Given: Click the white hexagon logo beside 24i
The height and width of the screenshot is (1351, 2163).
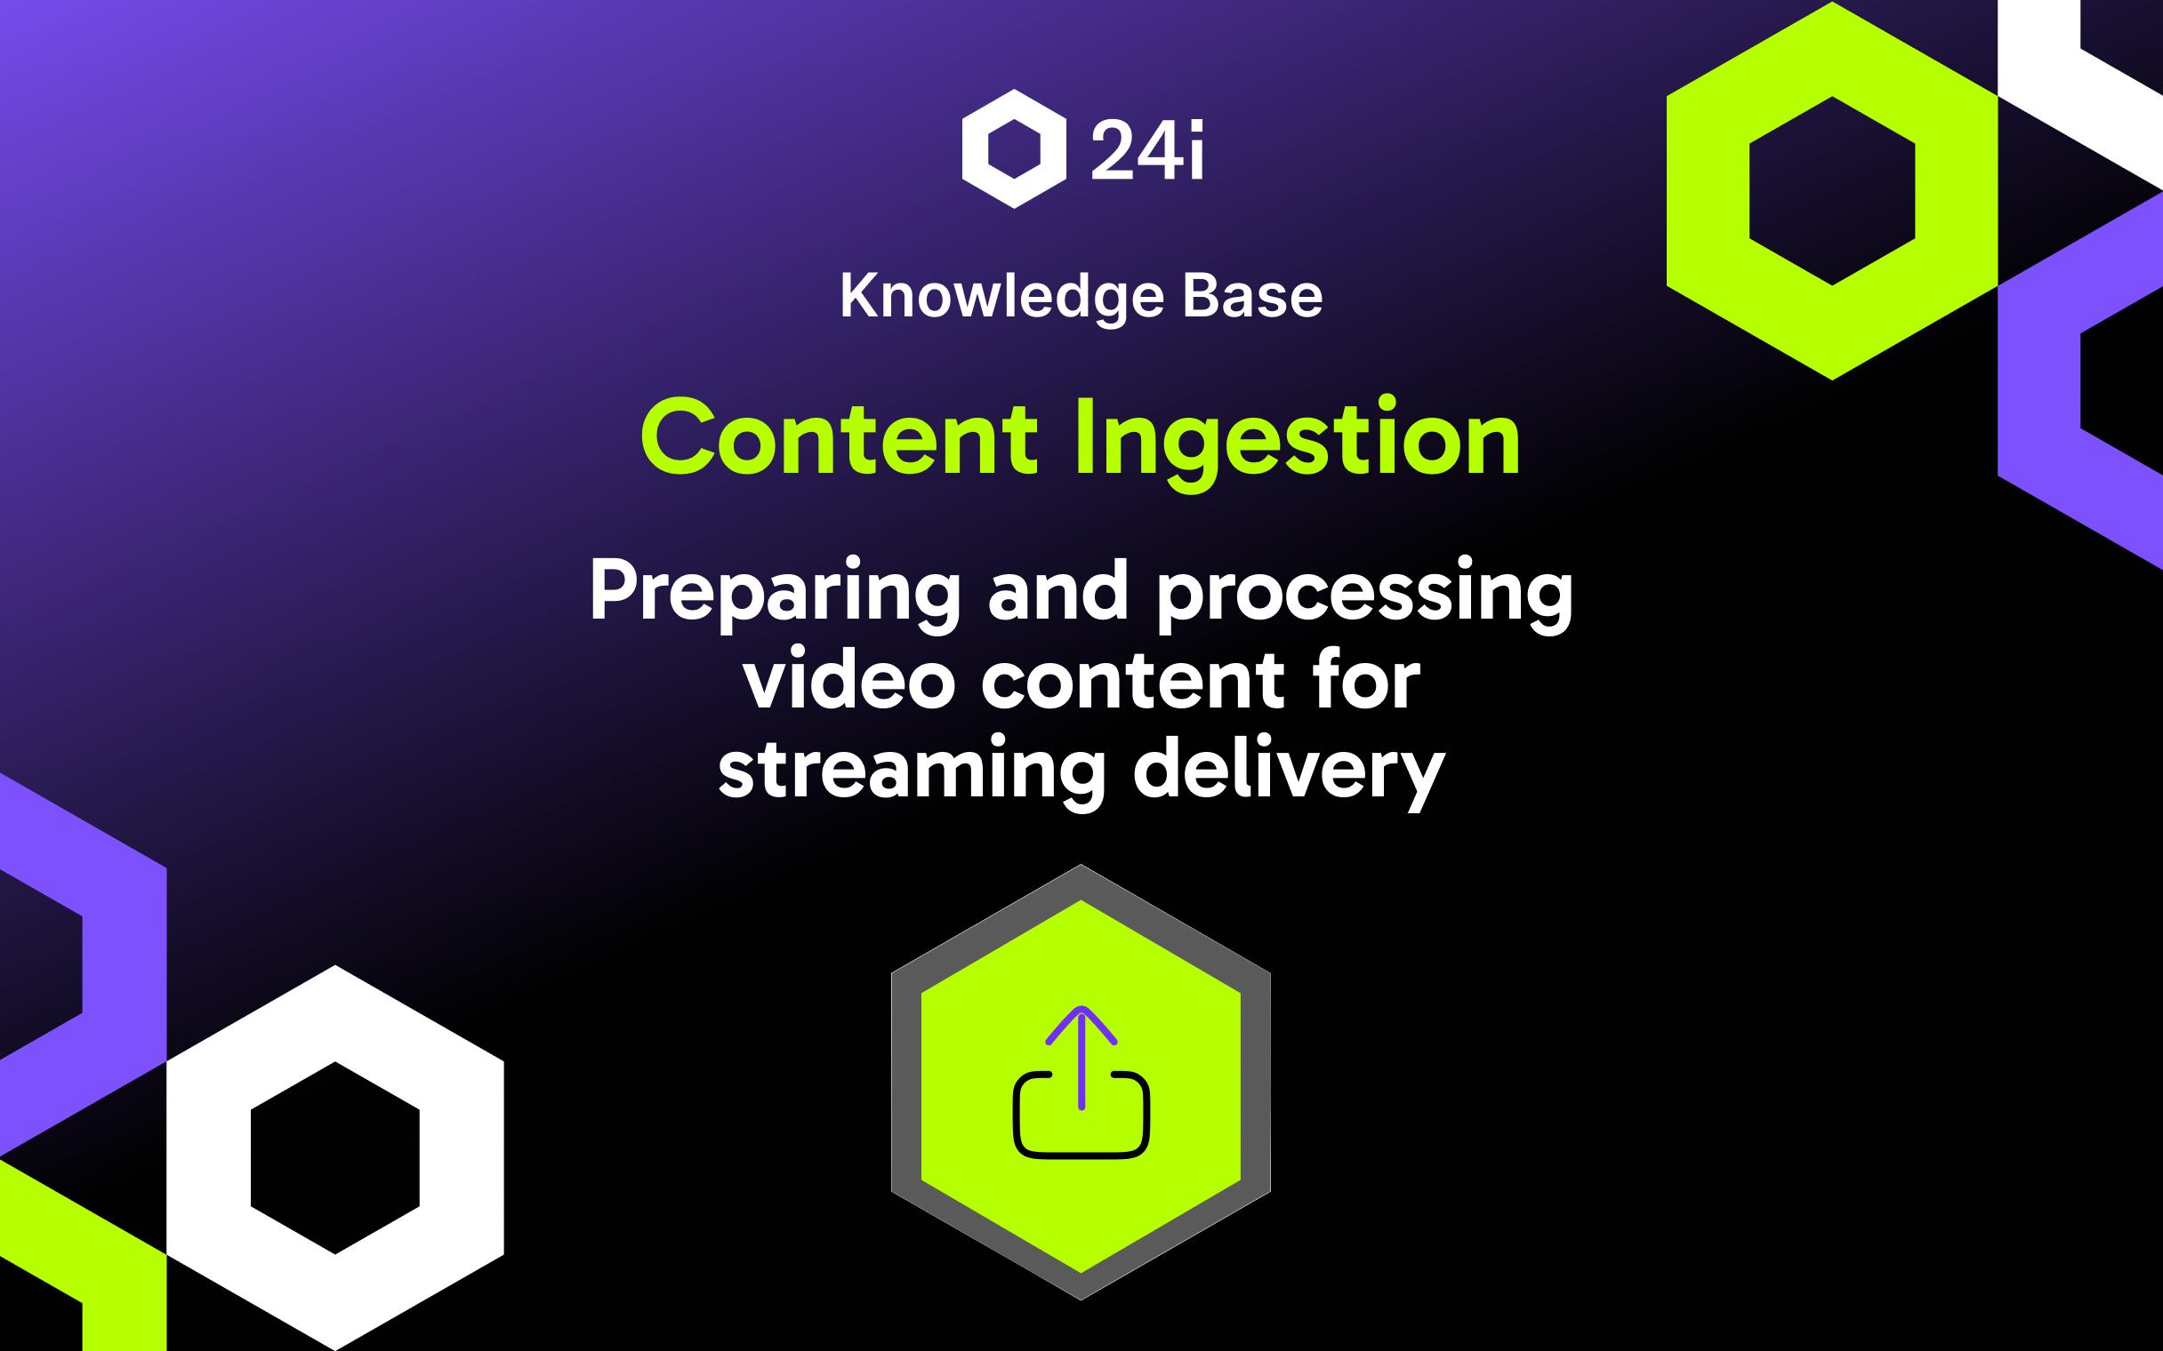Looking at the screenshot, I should click(x=1014, y=148).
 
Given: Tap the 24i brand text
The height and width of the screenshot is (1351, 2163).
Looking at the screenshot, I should click(x=1147, y=151).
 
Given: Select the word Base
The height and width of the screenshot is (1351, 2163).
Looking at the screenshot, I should click(x=1252, y=296).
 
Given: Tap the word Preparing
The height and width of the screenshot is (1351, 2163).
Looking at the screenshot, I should click(x=774, y=594).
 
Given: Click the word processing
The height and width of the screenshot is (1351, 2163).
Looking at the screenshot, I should click(x=1364, y=594).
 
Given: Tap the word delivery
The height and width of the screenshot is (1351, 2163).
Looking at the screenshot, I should click(x=1288, y=771).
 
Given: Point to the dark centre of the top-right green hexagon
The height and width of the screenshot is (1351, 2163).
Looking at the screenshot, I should click(x=1832, y=190).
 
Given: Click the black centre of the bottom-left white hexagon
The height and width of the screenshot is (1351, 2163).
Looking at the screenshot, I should click(x=335, y=1157).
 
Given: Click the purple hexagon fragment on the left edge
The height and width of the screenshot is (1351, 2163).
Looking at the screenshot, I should click(x=125, y=965).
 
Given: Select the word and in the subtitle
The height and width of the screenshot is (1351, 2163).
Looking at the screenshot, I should click(x=1058, y=594).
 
